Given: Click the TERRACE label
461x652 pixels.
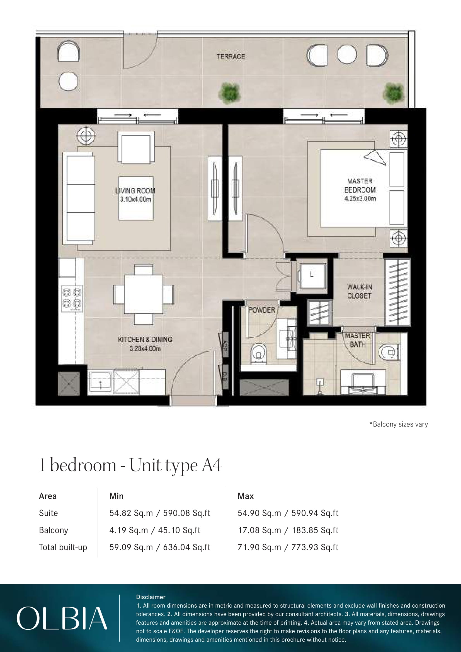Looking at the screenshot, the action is (230, 57).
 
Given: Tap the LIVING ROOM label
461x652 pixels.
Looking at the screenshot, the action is (135, 191).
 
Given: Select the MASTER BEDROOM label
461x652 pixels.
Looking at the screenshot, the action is (360, 185).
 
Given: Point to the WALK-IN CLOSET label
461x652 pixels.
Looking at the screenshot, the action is (359, 291).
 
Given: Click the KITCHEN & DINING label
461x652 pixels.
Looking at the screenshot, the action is (145, 339).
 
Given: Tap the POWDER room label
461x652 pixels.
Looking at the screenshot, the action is (262, 310).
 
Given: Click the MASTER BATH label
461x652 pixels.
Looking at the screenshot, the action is (358, 340).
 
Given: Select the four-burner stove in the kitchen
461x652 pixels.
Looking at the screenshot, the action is (72, 299).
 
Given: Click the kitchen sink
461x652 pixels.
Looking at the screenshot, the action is (100, 382).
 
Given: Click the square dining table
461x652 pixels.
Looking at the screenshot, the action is (144, 294).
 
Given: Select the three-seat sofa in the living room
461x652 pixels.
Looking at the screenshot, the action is (79, 198).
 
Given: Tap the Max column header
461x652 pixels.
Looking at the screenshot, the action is (246, 496).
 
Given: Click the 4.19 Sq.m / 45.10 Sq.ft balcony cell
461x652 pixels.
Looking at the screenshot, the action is (155, 530).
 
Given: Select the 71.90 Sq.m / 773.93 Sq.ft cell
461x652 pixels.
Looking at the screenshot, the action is (288, 547).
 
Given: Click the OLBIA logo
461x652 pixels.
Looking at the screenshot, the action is (62, 618).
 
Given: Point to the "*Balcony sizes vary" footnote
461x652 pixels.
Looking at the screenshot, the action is (399, 424).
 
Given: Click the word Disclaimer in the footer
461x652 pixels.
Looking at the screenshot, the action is (151, 597).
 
